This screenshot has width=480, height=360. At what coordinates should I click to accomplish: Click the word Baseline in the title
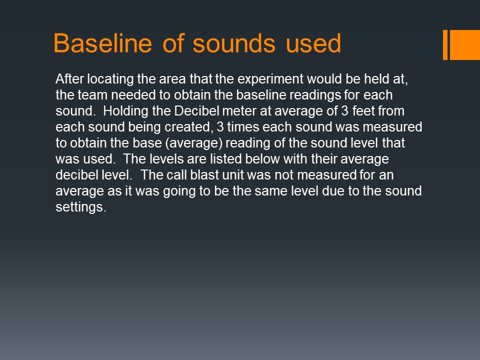pyautogui.click(x=103, y=43)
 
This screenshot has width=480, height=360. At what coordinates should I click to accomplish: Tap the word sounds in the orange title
pyautogui.click(x=234, y=43)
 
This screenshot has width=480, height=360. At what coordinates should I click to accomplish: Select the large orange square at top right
pyautogui.click(x=464, y=44)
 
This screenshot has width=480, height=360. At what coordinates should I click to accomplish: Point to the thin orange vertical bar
pyautogui.click(x=445, y=44)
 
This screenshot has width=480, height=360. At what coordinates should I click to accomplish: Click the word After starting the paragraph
pyautogui.click(x=70, y=79)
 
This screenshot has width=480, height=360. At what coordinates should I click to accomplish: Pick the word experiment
pyautogui.click(x=270, y=79)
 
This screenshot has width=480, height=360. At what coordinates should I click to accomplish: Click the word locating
pyautogui.click(x=110, y=79)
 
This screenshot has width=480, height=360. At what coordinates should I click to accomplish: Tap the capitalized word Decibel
pyautogui.click(x=197, y=111)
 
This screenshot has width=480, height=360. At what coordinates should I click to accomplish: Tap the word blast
pyautogui.click(x=205, y=175)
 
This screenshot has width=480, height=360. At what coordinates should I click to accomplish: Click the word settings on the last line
pyautogui.click(x=81, y=207)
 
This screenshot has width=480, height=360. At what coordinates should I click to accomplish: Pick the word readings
pyautogui.click(x=315, y=95)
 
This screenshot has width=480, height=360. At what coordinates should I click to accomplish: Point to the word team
pyautogui.click(x=92, y=95)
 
